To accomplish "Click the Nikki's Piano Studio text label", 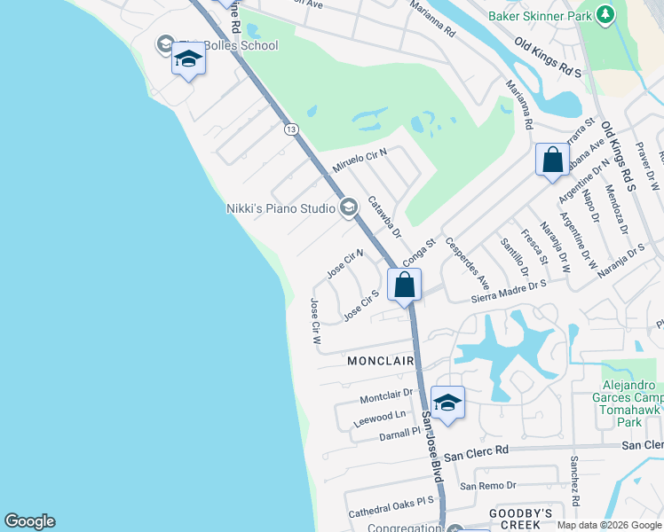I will pos(280,208).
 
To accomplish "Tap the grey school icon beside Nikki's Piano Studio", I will pos(348,207).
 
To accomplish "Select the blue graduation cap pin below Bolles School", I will pos(188,60).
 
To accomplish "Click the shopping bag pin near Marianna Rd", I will pos(552,160).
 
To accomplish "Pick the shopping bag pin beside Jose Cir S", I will pos(404,286).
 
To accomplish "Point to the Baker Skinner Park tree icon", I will pos(605,15).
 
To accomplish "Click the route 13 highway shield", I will pos(290,129).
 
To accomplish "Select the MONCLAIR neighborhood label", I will pos(381,361).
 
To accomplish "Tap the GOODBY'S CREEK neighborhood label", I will pos(522,520).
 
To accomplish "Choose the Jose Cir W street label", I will pos(315,320).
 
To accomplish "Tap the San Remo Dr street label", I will pos(487,485).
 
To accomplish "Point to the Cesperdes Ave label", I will pos(468,262).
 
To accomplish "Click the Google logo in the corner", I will pos(29,521).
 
